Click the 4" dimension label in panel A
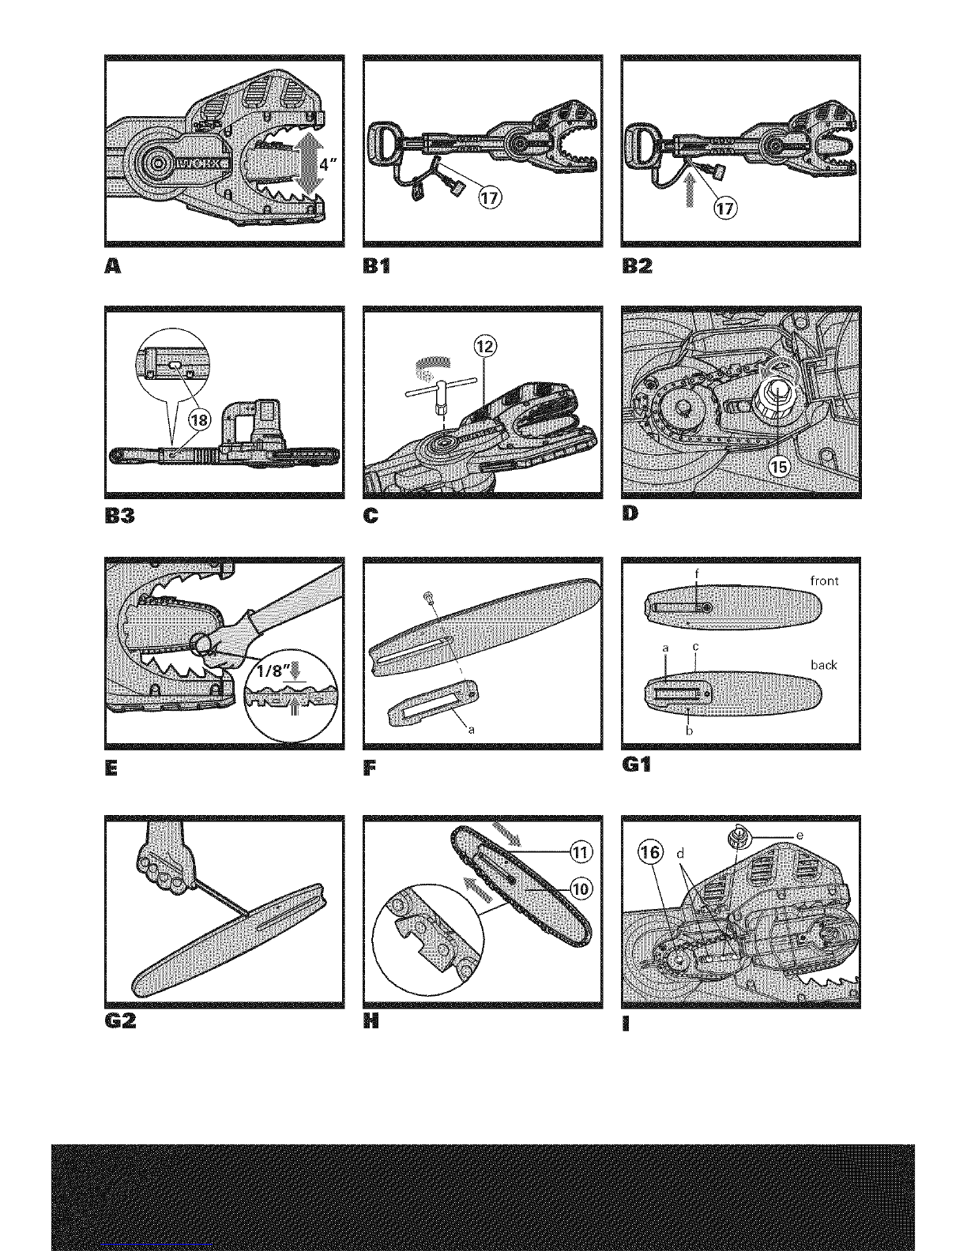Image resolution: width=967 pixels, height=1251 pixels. click(x=329, y=164)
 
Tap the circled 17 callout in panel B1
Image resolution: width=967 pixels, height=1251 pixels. click(x=490, y=198)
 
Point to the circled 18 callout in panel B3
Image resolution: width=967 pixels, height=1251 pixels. click(x=199, y=419)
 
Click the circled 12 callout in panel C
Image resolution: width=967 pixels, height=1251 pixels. click(x=484, y=346)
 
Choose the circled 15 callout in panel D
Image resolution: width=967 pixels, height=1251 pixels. click(x=779, y=467)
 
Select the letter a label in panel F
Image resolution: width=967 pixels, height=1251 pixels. click(x=472, y=730)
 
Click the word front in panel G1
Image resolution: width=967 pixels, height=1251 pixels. click(x=824, y=581)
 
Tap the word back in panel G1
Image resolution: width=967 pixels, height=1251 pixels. click(x=823, y=665)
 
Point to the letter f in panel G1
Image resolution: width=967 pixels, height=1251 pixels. click(x=697, y=573)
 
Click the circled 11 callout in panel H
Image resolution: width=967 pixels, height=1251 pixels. click(x=581, y=851)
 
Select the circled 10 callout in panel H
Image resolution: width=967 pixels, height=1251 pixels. click(x=581, y=888)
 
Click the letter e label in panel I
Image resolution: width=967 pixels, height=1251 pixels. click(x=800, y=836)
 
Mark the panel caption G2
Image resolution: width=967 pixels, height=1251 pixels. click(x=120, y=1020)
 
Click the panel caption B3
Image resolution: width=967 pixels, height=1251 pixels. click(x=120, y=515)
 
